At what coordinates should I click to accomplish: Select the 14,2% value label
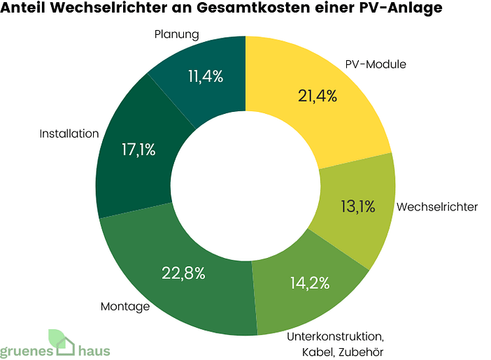308,283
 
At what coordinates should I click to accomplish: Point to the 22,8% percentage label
184,273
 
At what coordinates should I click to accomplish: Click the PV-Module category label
376,64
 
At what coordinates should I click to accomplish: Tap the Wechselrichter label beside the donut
436,207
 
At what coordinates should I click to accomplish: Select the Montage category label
125,306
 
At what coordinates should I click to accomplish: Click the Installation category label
69,134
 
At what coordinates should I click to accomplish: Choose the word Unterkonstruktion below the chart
326,336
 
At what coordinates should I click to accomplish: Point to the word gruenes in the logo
26,352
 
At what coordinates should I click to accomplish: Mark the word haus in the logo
94,351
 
